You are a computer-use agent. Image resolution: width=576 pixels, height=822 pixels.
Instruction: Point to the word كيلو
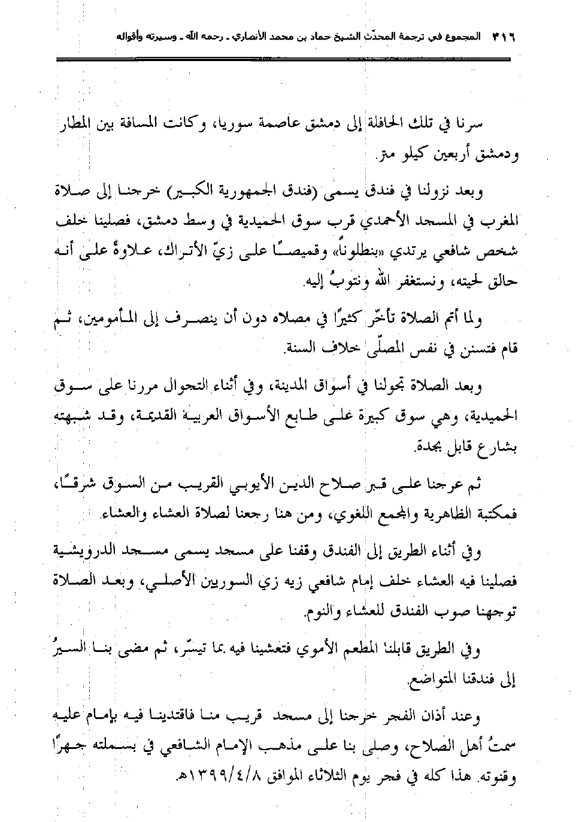tap(415, 156)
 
